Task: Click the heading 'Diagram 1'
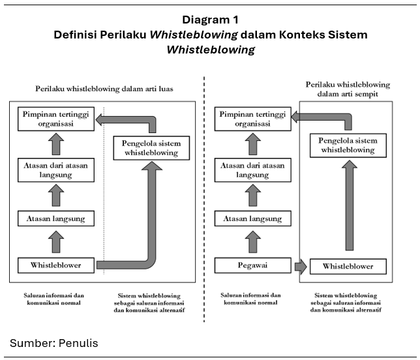pos(210,19)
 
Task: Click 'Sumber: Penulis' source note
pos(54,343)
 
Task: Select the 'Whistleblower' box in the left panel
pos(55,265)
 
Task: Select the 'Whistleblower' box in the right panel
pos(348,266)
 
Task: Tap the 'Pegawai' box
pos(252,265)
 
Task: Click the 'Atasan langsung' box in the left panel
pos(55,218)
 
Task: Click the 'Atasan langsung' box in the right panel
pos(252,218)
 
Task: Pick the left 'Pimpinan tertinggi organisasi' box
pos(55,118)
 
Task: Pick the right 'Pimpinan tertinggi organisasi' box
pos(252,118)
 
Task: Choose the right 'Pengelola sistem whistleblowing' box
pos(348,145)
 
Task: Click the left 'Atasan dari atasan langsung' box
pos(55,170)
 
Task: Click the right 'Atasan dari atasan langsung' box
pos(252,170)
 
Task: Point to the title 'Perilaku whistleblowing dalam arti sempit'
pos(348,89)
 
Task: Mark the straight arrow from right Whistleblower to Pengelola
pos(348,205)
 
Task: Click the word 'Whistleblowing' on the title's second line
pos(210,49)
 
